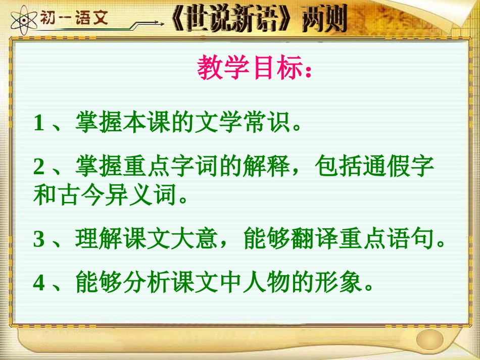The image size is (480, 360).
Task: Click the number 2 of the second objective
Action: pos(39,166)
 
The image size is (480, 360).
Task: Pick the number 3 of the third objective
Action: pos(39,240)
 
